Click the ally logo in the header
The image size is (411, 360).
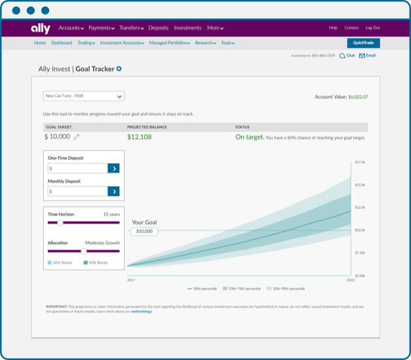pyautogui.click(x=40, y=28)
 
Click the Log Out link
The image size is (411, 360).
pyautogui.click(x=372, y=28)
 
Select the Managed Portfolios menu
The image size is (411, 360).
pyautogui.click(x=169, y=43)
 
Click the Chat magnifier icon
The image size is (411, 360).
pyautogui.click(x=342, y=56)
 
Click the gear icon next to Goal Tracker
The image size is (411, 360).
pyautogui.click(x=119, y=69)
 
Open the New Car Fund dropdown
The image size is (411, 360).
pyautogui.click(x=83, y=96)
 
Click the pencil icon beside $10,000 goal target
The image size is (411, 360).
pyautogui.click(x=77, y=137)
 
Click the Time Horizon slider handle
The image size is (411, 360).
pyautogui.click(x=60, y=223)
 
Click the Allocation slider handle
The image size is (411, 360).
pyautogui.click(x=83, y=250)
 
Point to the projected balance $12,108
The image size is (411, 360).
pyautogui.click(x=139, y=137)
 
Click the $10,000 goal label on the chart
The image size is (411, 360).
pyautogui.click(x=144, y=231)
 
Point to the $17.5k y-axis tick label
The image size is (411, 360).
pyautogui.click(x=360, y=161)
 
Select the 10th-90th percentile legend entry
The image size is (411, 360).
pyautogui.click(x=287, y=289)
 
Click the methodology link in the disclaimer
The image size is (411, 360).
pyautogui.click(x=141, y=311)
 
